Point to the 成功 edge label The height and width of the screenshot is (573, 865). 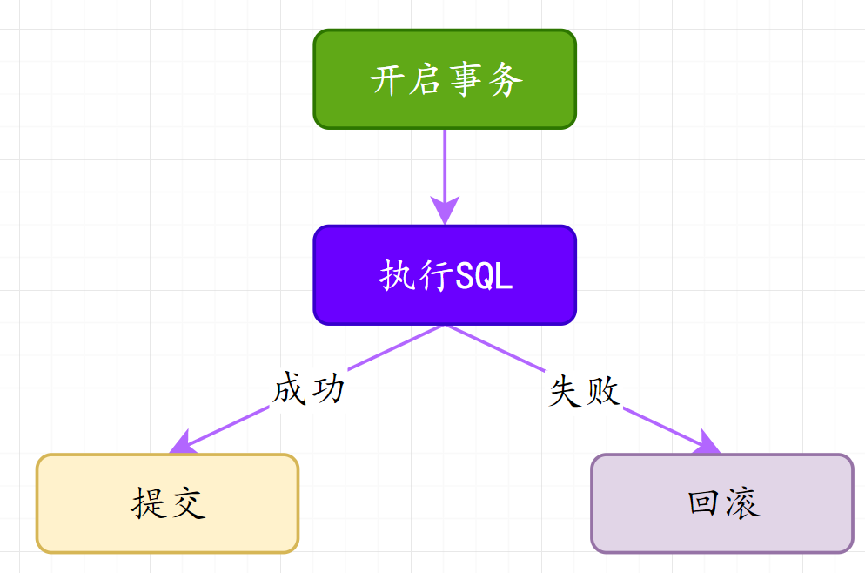point(309,389)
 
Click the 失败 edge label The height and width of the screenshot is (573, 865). point(584,392)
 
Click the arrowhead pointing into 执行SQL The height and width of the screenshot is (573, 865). point(445,212)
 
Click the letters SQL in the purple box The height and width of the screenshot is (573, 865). point(485,277)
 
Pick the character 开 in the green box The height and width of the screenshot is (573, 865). point(388,81)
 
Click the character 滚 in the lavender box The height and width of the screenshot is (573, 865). point(742,503)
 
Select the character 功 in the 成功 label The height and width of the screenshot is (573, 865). point(328,389)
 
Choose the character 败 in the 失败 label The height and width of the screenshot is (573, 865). point(603,392)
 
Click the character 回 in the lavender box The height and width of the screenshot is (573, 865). point(703,503)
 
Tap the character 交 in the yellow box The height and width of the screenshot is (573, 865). point(187,503)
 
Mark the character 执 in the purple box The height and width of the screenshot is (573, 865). point(397,277)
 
